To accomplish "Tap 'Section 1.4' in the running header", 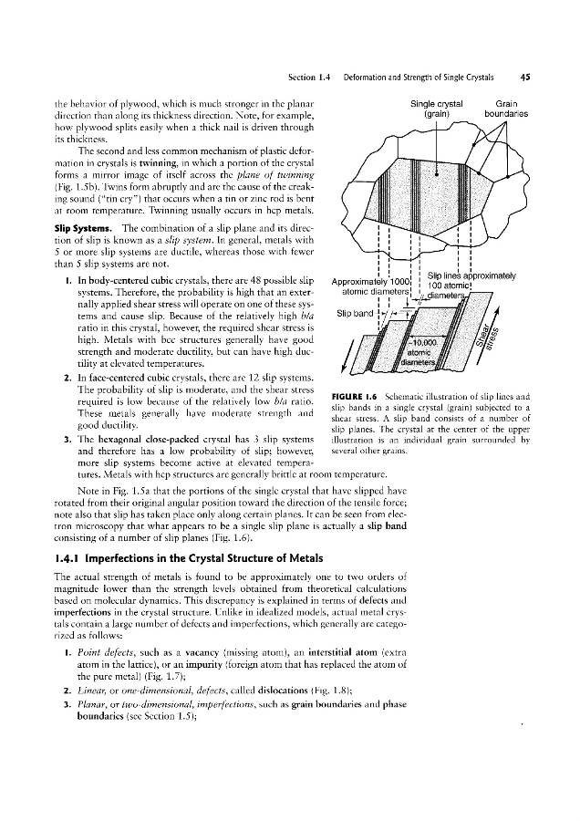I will pyautogui.click(x=309, y=78).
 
